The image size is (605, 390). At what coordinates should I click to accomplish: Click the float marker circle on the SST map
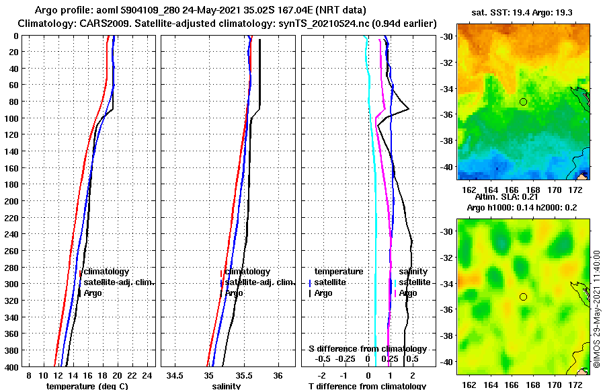coord(523,102)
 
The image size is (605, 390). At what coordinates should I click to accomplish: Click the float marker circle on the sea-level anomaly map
coord(523,297)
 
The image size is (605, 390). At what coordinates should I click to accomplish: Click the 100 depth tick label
coord(13,118)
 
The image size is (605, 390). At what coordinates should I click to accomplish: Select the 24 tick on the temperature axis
coord(147,375)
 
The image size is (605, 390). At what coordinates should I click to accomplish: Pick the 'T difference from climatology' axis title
coord(367,386)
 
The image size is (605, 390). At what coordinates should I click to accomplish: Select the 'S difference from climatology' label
coord(367,349)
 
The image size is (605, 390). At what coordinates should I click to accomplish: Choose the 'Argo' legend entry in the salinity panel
coord(235,293)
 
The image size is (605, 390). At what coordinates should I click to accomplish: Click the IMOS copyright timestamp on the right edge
coord(596,309)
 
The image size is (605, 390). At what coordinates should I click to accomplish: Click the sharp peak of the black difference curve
coord(409,110)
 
